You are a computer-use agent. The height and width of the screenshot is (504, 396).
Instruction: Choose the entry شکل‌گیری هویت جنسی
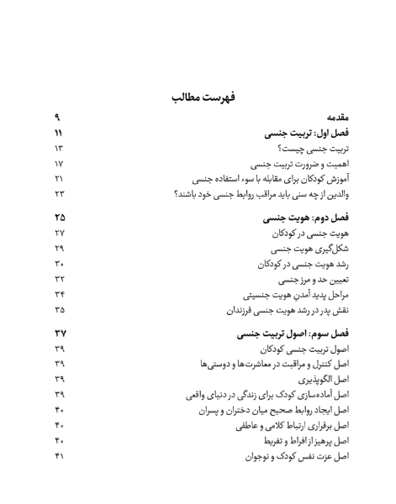[x=298, y=250]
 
